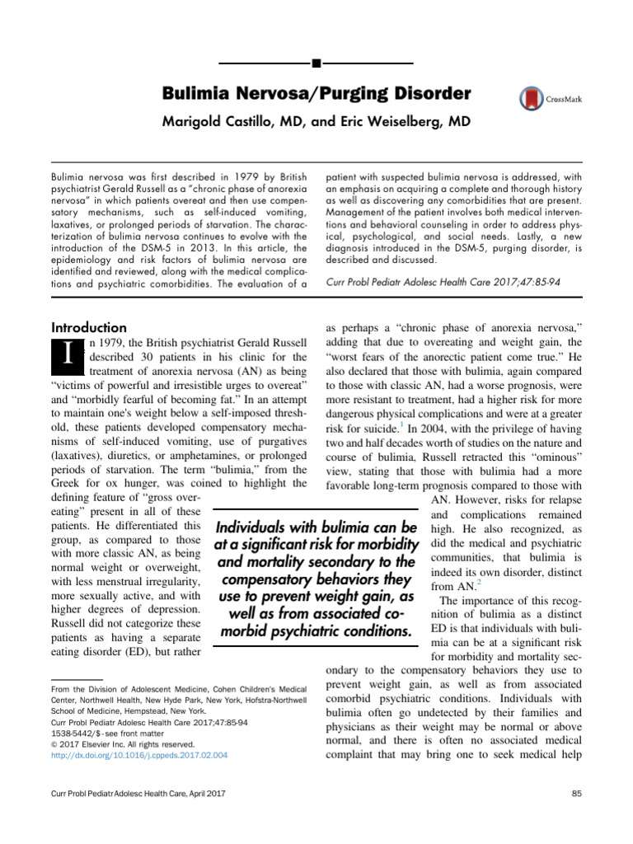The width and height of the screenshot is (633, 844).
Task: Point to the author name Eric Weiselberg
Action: click(396, 122)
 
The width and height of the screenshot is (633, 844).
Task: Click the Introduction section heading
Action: click(89, 327)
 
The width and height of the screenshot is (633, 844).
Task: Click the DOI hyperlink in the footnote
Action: click(139, 754)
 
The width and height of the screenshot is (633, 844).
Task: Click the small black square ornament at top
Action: click(316, 63)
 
